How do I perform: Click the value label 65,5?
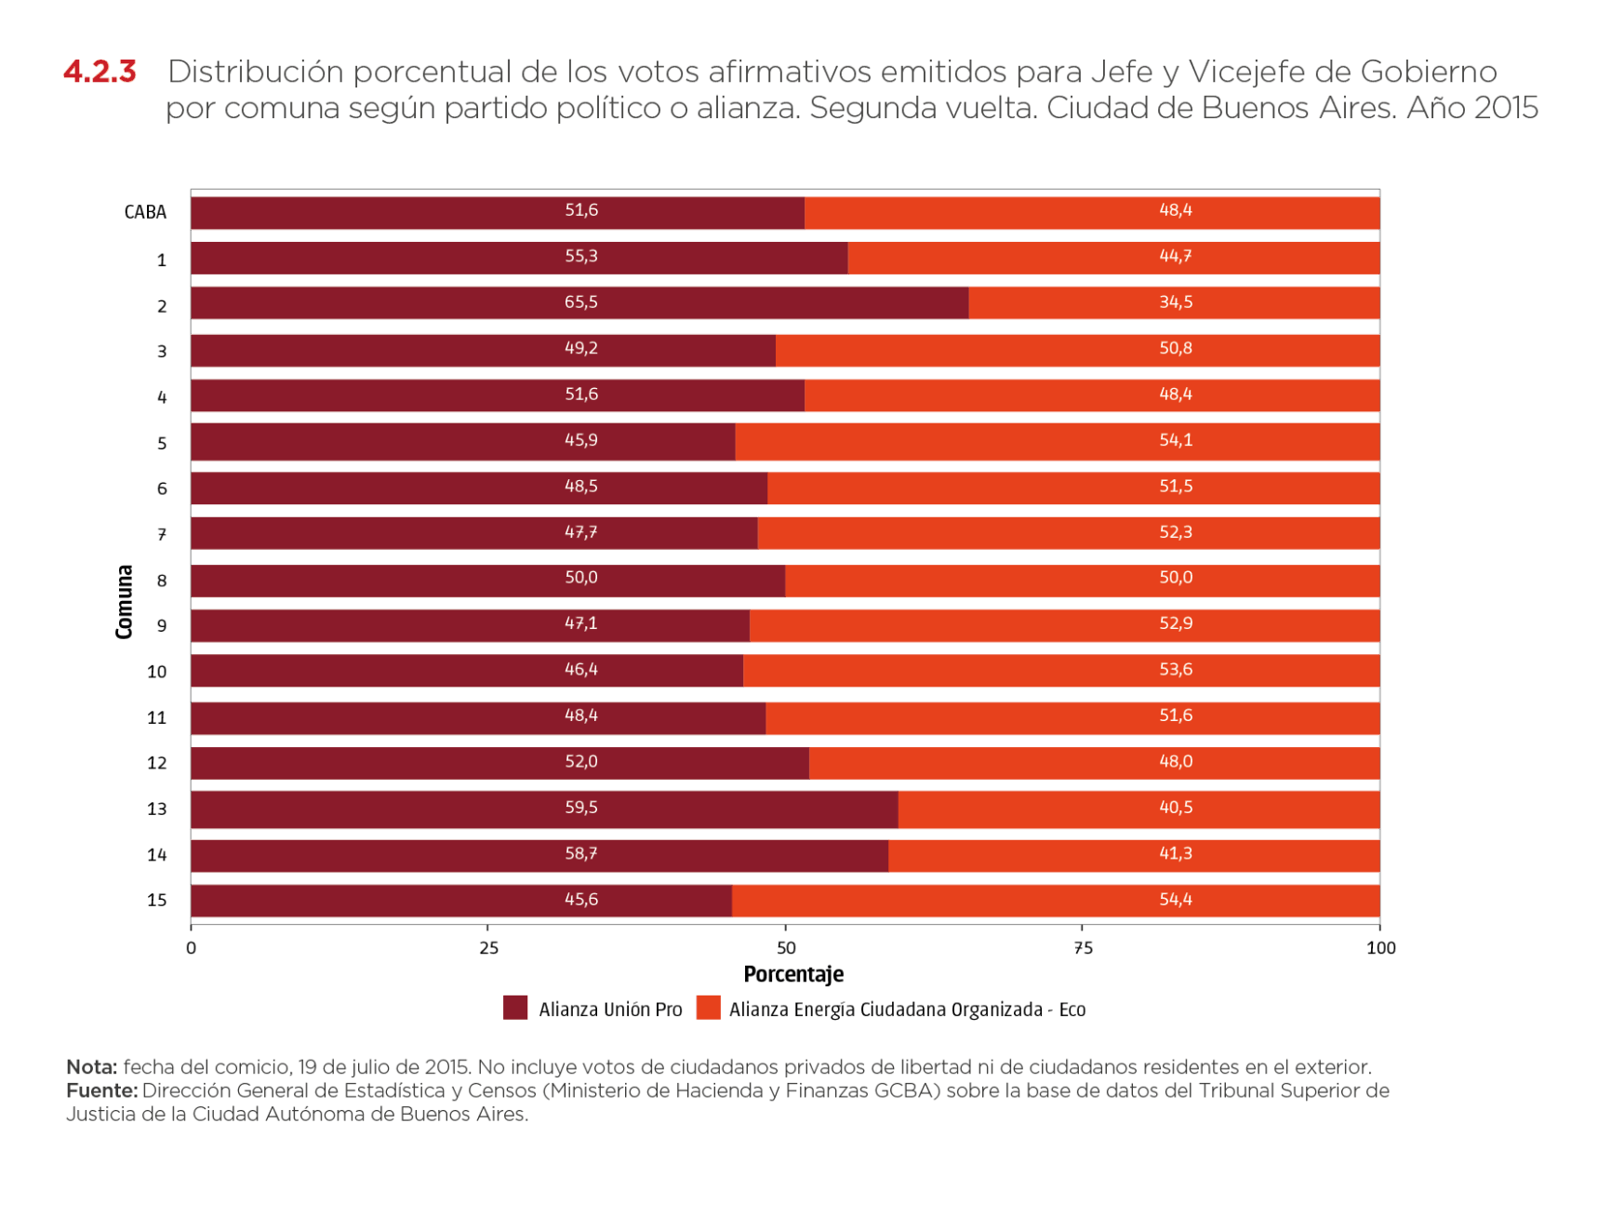coord(581,302)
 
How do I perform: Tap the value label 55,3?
coord(581,256)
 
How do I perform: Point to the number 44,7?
coord(1175,256)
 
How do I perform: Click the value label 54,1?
coord(1175,440)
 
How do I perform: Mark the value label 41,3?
coord(1175,853)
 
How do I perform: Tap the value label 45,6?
coord(581,900)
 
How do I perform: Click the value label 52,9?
coord(1175,623)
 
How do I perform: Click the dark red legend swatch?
coord(515,1008)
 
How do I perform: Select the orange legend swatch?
coord(709,1008)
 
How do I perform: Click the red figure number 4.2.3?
coord(100,72)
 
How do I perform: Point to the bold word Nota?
coord(91,1067)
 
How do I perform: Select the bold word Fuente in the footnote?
coord(100,1090)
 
